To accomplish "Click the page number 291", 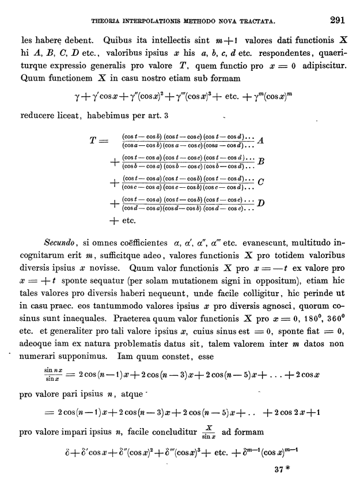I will pyautogui.click(x=338, y=21).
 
